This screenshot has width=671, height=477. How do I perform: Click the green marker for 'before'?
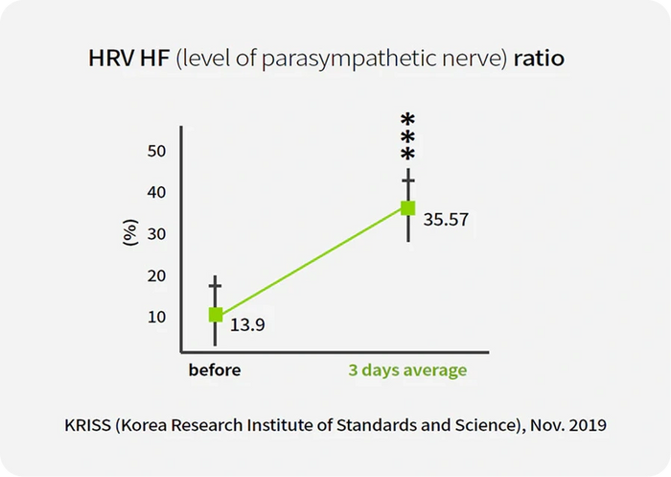[x=216, y=315]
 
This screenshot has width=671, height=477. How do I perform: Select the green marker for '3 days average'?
[x=408, y=207]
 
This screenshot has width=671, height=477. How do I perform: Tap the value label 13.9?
[x=247, y=326]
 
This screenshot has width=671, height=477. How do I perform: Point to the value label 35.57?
[x=446, y=220]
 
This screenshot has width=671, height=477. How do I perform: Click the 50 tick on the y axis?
[x=157, y=151]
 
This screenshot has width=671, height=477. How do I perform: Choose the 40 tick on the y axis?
[x=157, y=192]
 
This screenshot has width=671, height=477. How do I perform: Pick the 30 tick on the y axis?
[x=157, y=234]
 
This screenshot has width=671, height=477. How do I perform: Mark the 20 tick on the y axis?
[x=157, y=275]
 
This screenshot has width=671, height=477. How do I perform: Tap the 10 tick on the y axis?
[x=157, y=317]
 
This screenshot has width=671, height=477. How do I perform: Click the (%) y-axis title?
[x=131, y=234]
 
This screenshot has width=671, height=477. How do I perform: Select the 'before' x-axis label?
[x=215, y=370]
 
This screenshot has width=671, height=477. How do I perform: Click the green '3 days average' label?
[x=407, y=370]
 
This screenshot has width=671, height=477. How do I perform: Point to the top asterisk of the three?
[x=408, y=119]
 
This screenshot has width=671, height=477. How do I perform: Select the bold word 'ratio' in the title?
[x=538, y=59]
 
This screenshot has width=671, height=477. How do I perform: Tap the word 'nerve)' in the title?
[x=475, y=60]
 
